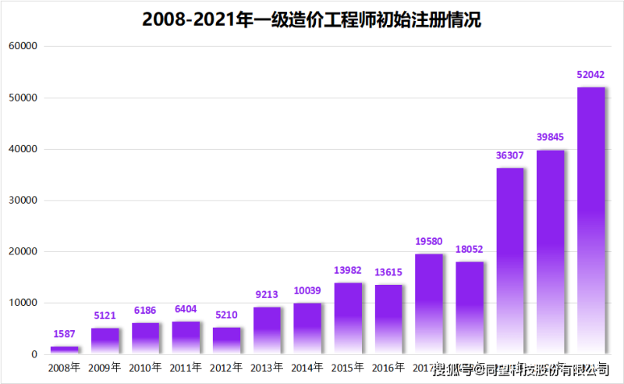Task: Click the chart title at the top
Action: click(x=312, y=20)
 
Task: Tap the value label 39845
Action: click(x=551, y=137)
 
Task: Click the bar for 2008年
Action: click(x=65, y=350)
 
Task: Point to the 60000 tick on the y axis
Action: click(x=23, y=47)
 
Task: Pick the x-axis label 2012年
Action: click(x=227, y=367)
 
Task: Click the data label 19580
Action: click(x=429, y=241)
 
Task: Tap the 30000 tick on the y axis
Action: click(x=23, y=201)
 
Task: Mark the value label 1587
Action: click(x=65, y=334)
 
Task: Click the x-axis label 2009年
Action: click(x=105, y=367)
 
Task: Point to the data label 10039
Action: click(x=307, y=290)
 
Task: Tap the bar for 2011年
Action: click(x=186, y=337)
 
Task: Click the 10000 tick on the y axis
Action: click(x=23, y=303)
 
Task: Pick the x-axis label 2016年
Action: click(x=388, y=367)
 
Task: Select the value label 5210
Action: click(x=227, y=315)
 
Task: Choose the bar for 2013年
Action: click(x=268, y=330)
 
